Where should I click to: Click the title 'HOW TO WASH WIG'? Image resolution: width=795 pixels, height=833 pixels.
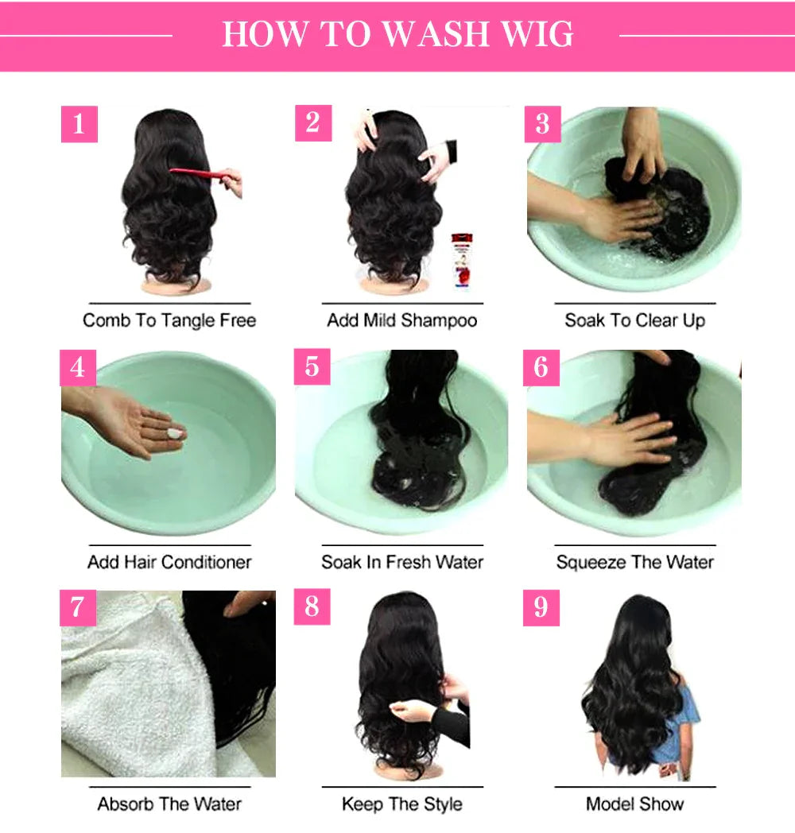tap(397, 35)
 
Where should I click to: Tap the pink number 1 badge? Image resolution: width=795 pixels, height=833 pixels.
tap(79, 124)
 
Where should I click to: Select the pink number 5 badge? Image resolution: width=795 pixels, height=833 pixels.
tap(312, 367)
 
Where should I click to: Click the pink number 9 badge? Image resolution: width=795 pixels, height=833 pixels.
tap(541, 608)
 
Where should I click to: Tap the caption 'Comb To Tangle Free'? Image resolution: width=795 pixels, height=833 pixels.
tap(169, 320)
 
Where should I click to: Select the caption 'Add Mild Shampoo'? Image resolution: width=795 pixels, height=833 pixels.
tap(402, 320)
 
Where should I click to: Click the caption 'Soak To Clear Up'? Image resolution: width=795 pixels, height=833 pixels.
tap(634, 320)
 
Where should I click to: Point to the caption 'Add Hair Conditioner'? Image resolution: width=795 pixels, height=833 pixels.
tap(169, 562)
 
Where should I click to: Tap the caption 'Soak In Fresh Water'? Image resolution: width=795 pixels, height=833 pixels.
tap(402, 562)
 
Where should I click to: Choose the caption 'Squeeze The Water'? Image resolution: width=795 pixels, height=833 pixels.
tap(634, 562)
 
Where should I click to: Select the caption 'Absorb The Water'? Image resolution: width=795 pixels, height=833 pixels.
tap(169, 804)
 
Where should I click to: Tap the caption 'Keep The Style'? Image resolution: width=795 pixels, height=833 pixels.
tap(402, 804)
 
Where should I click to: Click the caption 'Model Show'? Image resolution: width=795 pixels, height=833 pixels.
tap(634, 804)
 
